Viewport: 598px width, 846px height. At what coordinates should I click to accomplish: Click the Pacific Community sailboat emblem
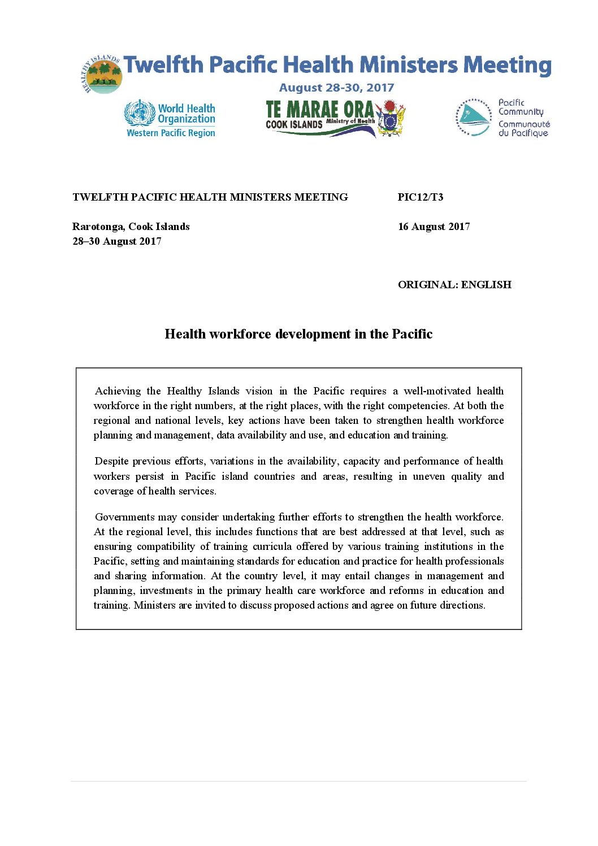474,118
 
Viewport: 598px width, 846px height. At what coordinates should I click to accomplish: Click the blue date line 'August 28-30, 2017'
336,88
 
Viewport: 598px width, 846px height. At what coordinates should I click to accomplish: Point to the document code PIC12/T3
420,197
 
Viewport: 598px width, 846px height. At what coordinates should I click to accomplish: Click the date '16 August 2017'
434,227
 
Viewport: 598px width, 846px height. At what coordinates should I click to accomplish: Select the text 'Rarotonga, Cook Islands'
131,227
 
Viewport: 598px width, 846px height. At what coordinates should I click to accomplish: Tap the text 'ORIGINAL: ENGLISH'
454,285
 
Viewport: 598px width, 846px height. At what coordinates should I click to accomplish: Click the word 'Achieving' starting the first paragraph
118,391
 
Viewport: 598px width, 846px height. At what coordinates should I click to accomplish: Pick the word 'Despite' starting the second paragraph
112,461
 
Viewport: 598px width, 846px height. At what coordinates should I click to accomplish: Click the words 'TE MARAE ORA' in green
319,109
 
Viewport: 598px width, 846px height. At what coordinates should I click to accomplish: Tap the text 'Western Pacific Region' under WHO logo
171,133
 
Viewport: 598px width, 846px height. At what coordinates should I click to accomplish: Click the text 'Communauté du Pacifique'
523,128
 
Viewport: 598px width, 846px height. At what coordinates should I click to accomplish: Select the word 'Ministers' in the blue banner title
409,65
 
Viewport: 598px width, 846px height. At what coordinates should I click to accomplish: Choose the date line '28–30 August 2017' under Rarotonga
116,241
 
